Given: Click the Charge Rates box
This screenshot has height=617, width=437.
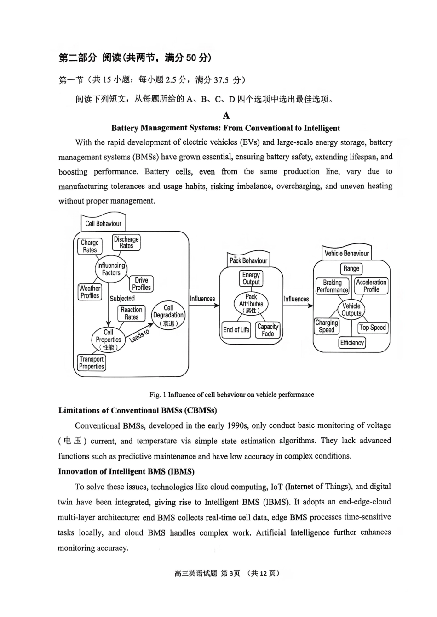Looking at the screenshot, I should [90, 246].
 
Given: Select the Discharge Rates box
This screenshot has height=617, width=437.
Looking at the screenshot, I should [126, 243].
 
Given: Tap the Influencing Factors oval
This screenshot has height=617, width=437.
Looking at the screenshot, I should [111, 269].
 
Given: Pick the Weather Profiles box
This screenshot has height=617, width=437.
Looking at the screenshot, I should [90, 292].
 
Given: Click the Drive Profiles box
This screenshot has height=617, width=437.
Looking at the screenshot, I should [141, 284].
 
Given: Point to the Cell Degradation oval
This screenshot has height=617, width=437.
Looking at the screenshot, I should [168, 315].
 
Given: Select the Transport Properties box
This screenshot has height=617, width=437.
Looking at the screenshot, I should [92, 363].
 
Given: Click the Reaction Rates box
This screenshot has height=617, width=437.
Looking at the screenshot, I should [132, 313].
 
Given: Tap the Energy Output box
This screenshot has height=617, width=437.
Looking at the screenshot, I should [251, 278].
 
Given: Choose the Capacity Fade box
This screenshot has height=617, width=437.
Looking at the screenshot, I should [268, 330].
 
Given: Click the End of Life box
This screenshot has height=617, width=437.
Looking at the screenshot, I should [236, 330].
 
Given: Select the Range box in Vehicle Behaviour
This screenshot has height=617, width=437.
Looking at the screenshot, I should [351, 269].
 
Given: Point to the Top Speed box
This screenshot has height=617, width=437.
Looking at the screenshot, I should [373, 328].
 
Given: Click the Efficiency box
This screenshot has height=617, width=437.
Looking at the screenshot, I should [352, 343].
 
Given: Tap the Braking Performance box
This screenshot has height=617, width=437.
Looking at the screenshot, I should [332, 286].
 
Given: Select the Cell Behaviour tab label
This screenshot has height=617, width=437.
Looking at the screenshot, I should [103, 224].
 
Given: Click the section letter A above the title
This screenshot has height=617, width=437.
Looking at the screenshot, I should [226, 115].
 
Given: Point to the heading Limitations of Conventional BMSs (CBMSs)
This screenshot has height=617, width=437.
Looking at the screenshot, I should [138, 410].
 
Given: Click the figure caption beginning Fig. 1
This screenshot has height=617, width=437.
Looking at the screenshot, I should [231, 395].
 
